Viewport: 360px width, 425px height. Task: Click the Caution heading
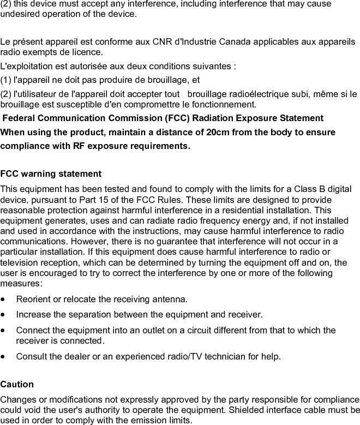(x=17, y=384)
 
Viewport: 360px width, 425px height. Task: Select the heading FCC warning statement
(x=51, y=174)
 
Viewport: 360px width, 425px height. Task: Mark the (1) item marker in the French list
(x=7, y=80)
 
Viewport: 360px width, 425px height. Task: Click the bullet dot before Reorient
(x=4, y=300)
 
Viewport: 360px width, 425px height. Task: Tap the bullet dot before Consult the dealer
(x=4, y=357)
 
